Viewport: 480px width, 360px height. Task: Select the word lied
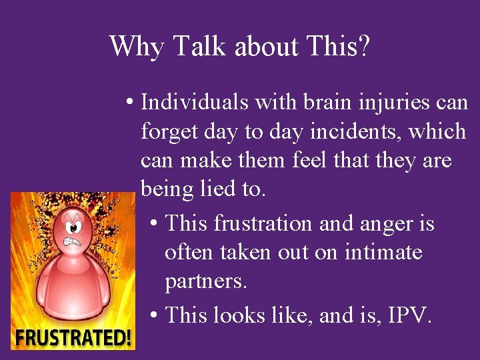pos(214,189)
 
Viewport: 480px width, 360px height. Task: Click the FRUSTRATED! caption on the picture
pos(73,337)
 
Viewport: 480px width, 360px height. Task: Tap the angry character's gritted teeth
pos(73,242)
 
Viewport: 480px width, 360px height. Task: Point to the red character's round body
pos(73,287)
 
